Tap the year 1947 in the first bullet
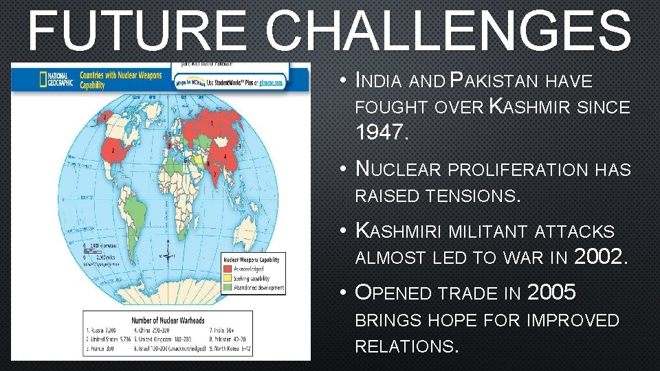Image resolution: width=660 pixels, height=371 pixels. [382, 133]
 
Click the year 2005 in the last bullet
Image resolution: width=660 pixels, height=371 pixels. [551, 293]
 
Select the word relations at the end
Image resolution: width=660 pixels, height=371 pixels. [406, 346]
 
